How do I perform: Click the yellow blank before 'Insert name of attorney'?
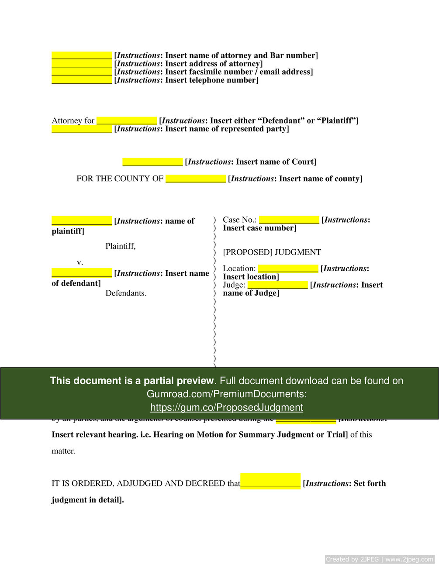coord(82,55)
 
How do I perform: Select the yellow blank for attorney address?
coord(82,64)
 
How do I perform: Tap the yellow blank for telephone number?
coord(82,80)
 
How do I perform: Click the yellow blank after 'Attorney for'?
coord(127,120)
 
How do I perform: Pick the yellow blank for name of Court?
coord(152,162)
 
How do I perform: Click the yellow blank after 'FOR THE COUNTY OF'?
coord(196,179)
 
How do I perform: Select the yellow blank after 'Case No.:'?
coord(289,220)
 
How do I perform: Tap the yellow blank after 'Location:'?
coord(288,269)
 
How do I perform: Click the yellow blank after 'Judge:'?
coord(278,285)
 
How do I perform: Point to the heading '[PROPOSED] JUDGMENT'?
coord(272,252)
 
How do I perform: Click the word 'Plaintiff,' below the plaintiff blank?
coord(121,246)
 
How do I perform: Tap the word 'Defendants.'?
coord(126,293)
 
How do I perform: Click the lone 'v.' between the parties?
coord(80,262)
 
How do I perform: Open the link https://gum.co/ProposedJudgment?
coord(226,407)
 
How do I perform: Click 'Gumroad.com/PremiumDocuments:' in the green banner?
coord(226,394)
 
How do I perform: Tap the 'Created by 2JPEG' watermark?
coord(379,559)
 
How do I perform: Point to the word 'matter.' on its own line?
coord(64,451)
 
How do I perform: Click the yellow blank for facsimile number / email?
coord(82,72)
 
